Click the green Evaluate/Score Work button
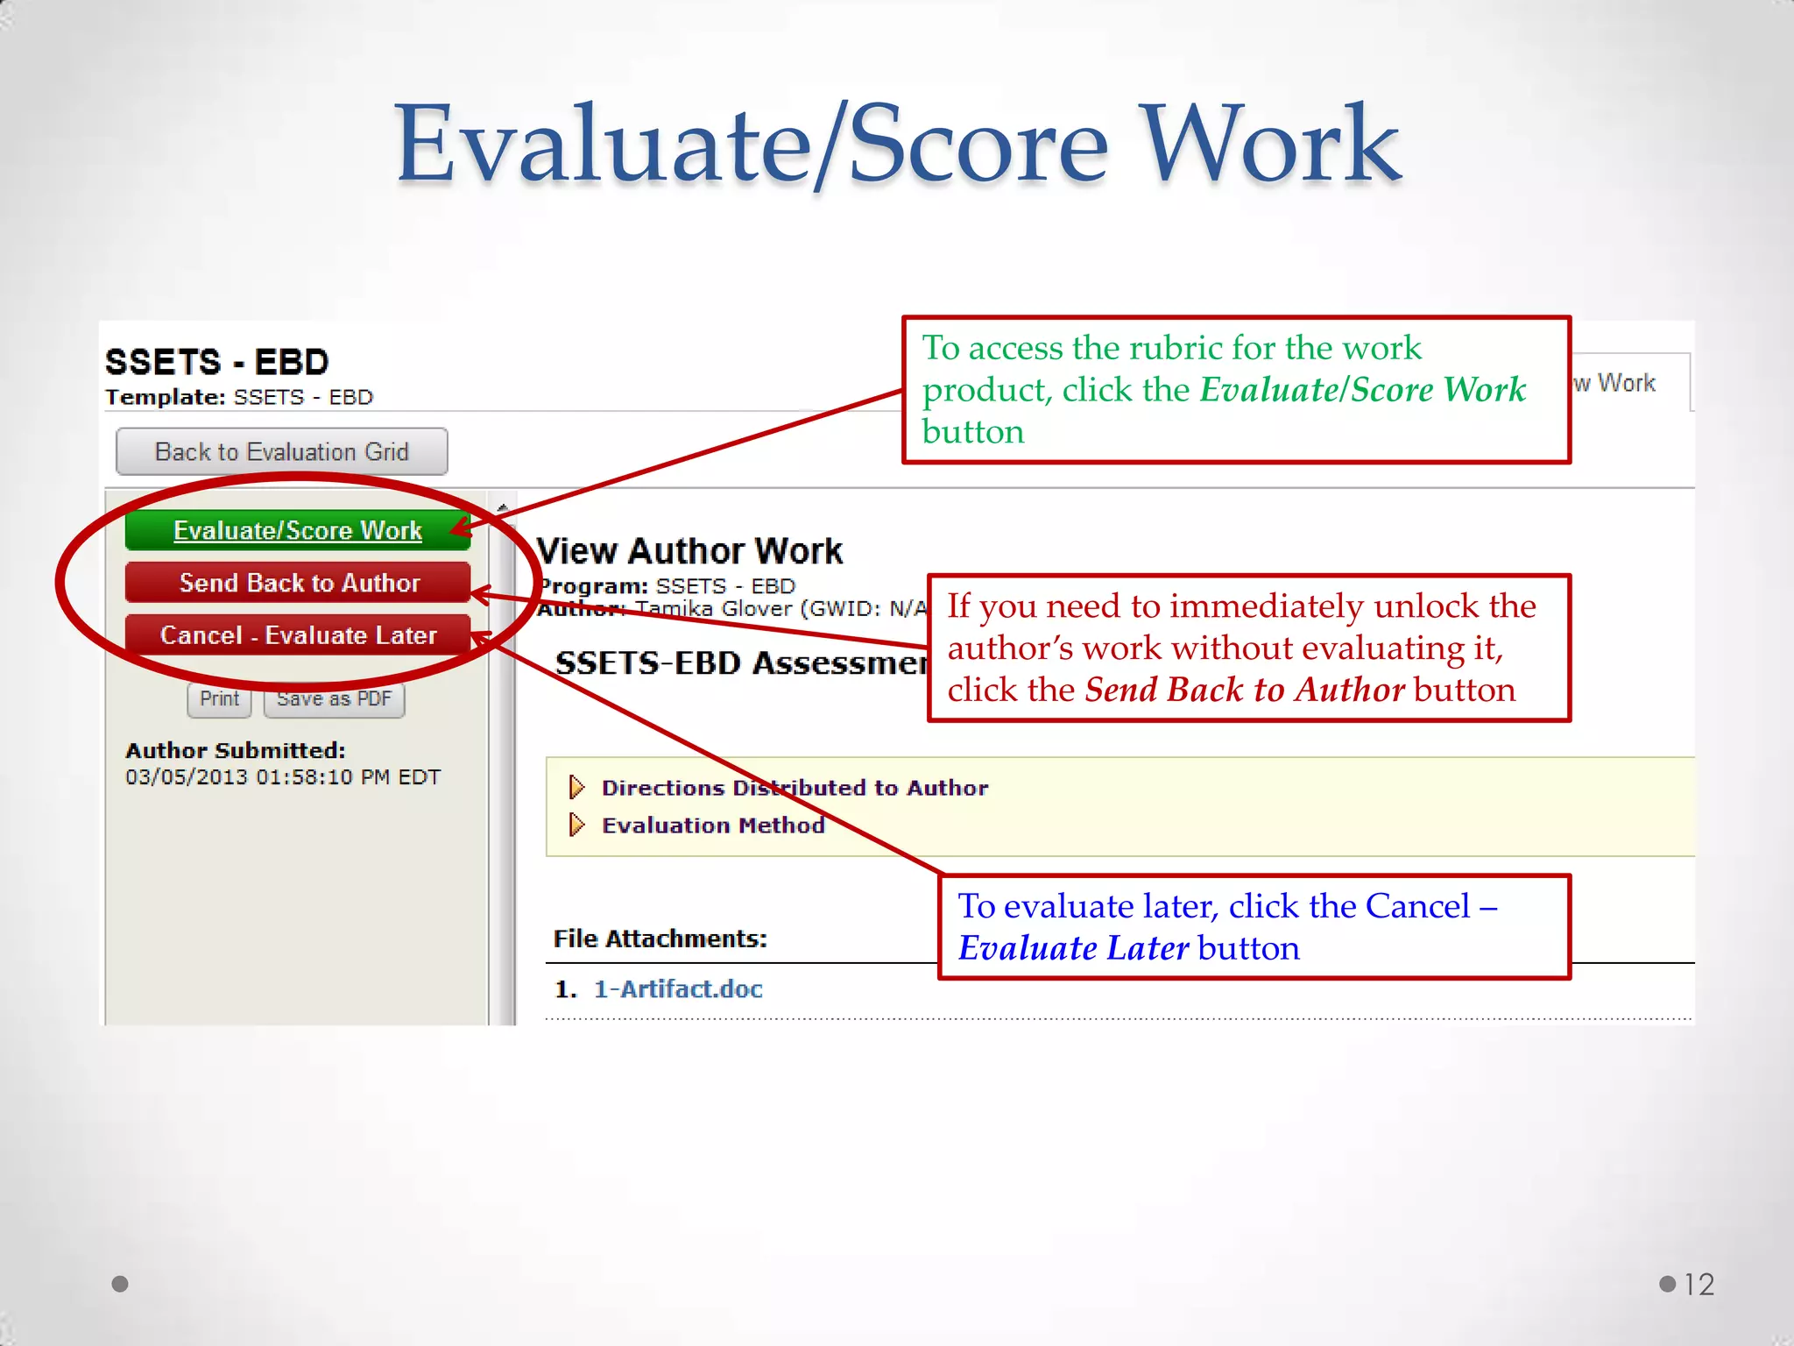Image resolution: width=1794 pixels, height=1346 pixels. (298, 530)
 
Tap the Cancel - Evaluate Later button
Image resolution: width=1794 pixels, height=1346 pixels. (298, 634)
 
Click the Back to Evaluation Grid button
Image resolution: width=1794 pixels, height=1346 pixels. (281, 451)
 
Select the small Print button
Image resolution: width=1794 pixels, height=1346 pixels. (219, 698)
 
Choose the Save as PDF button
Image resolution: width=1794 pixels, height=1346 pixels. (334, 698)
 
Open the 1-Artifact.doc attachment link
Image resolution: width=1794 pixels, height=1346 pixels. (678, 988)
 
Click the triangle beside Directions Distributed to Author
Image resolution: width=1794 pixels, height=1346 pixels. (576, 787)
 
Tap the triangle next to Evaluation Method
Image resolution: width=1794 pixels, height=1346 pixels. (576, 825)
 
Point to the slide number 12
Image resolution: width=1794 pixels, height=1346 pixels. (1699, 1285)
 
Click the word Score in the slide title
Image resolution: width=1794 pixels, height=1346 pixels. (978, 145)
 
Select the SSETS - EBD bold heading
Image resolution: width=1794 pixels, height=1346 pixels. (216, 362)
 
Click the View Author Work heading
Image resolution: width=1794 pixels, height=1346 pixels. (689, 551)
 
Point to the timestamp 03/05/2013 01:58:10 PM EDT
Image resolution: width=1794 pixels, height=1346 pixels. (282, 777)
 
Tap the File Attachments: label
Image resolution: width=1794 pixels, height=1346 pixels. (660, 939)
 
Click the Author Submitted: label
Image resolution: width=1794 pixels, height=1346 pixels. (235, 751)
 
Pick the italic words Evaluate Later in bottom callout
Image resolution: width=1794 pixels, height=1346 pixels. (1073, 948)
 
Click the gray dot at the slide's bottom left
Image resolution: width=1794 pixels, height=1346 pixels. (121, 1284)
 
